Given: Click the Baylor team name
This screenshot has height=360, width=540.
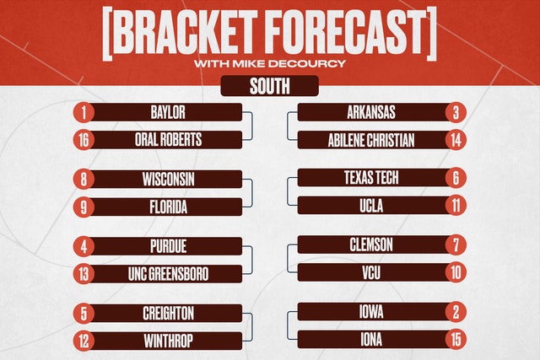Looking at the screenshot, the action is [x=168, y=112].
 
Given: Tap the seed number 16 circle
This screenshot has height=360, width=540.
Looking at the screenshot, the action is [x=84, y=140].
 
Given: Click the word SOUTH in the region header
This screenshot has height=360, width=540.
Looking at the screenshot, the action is [x=270, y=86].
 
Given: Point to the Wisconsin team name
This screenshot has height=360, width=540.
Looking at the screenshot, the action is [x=168, y=180].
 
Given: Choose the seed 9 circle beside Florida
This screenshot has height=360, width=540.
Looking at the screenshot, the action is [x=84, y=207].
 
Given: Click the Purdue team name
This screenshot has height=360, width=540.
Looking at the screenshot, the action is [x=169, y=246].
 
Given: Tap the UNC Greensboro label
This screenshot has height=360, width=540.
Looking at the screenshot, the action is [x=168, y=274].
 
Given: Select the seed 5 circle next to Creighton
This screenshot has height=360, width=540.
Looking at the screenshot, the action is [x=84, y=314].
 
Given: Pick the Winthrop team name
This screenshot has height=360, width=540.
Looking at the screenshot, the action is [x=168, y=341].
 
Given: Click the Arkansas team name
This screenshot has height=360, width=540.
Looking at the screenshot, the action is [x=371, y=112].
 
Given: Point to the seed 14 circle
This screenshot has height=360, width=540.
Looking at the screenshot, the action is [x=456, y=140].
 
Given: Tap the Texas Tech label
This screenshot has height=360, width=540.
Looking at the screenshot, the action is [x=371, y=178].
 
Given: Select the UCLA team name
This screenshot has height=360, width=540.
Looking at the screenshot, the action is [x=371, y=206].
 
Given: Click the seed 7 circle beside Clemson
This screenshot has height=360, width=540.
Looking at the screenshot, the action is [x=456, y=245].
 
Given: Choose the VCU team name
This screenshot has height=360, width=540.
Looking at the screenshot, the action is [x=371, y=273].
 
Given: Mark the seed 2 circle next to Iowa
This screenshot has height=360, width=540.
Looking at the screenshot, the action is [x=456, y=312].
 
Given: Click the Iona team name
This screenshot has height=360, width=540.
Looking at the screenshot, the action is [x=371, y=340].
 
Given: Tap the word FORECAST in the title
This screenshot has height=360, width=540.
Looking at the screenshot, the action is [x=345, y=33].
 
